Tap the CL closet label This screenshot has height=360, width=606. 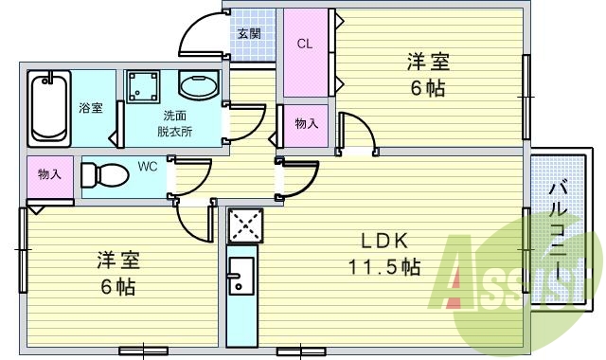coord(305,44)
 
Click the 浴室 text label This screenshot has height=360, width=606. coord(92,108)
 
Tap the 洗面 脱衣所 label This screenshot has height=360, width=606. coord(176,124)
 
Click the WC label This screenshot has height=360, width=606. coord(147,167)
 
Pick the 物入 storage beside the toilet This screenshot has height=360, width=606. coord(49,176)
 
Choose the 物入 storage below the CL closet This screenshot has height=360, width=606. coord(305,124)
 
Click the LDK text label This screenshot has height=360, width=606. coord(383,241)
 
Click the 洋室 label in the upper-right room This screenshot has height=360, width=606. coord(428,63)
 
